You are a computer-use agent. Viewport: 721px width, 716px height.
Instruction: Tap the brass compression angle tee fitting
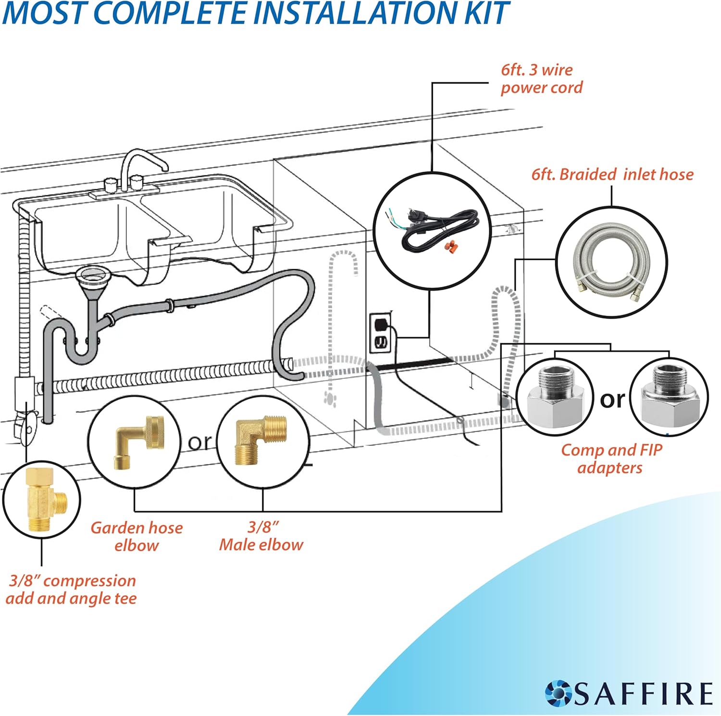click(x=45, y=500)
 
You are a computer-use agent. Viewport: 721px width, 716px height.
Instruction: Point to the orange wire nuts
click(x=450, y=247)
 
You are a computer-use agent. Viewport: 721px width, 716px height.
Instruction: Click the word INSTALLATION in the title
click(x=356, y=13)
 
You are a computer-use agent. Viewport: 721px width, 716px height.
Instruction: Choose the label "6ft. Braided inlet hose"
click(x=612, y=174)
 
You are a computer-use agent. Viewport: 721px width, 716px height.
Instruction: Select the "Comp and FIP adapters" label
click(x=611, y=458)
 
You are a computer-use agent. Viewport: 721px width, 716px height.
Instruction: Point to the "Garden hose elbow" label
click(x=137, y=536)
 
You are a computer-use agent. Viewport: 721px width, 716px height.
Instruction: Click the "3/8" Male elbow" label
click(x=261, y=536)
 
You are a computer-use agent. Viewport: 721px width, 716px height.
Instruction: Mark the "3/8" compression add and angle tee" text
click(x=72, y=589)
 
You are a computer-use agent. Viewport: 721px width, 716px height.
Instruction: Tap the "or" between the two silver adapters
click(x=612, y=399)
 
